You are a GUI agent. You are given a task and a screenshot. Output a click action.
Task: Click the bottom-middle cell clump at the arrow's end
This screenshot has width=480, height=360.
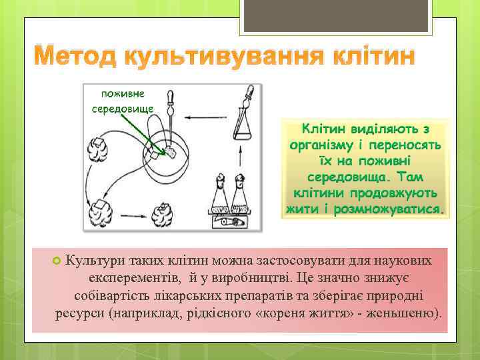(163, 213)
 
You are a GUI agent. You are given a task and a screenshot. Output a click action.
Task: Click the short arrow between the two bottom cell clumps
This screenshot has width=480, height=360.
(132, 214)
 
